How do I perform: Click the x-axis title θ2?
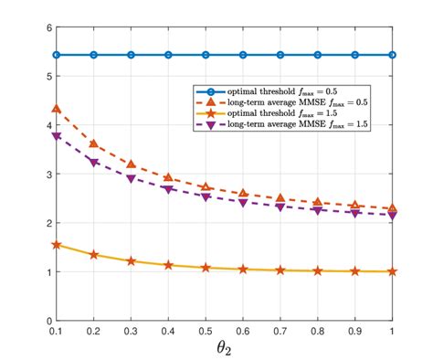(x=224, y=348)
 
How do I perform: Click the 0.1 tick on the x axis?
(x=57, y=330)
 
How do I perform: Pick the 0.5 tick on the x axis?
(x=206, y=330)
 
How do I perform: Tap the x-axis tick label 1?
(x=392, y=330)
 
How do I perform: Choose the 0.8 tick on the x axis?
(x=317, y=330)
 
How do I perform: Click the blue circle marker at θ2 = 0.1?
(x=57, y=55)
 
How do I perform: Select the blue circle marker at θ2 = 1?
(x=392, y=55)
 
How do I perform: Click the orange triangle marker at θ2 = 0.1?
(x=57, y=109)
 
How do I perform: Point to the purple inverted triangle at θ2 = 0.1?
(x=57, y=136)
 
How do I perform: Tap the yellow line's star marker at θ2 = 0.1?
(x=57, y=245)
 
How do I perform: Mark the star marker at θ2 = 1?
(x=392, y=271)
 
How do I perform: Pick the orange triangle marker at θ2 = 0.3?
(x=131, y=164)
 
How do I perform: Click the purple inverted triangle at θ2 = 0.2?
(x=94, y=163)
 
